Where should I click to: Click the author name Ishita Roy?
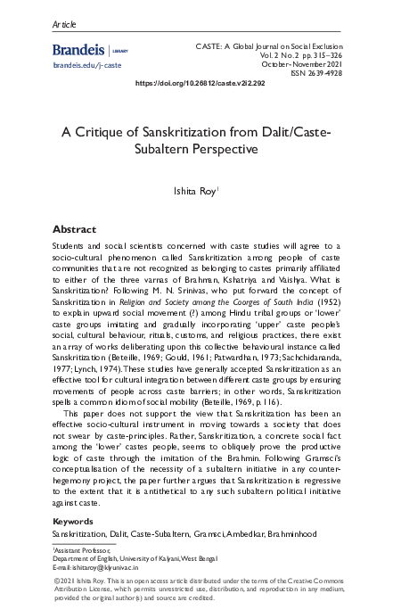click(x=198, y=190)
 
